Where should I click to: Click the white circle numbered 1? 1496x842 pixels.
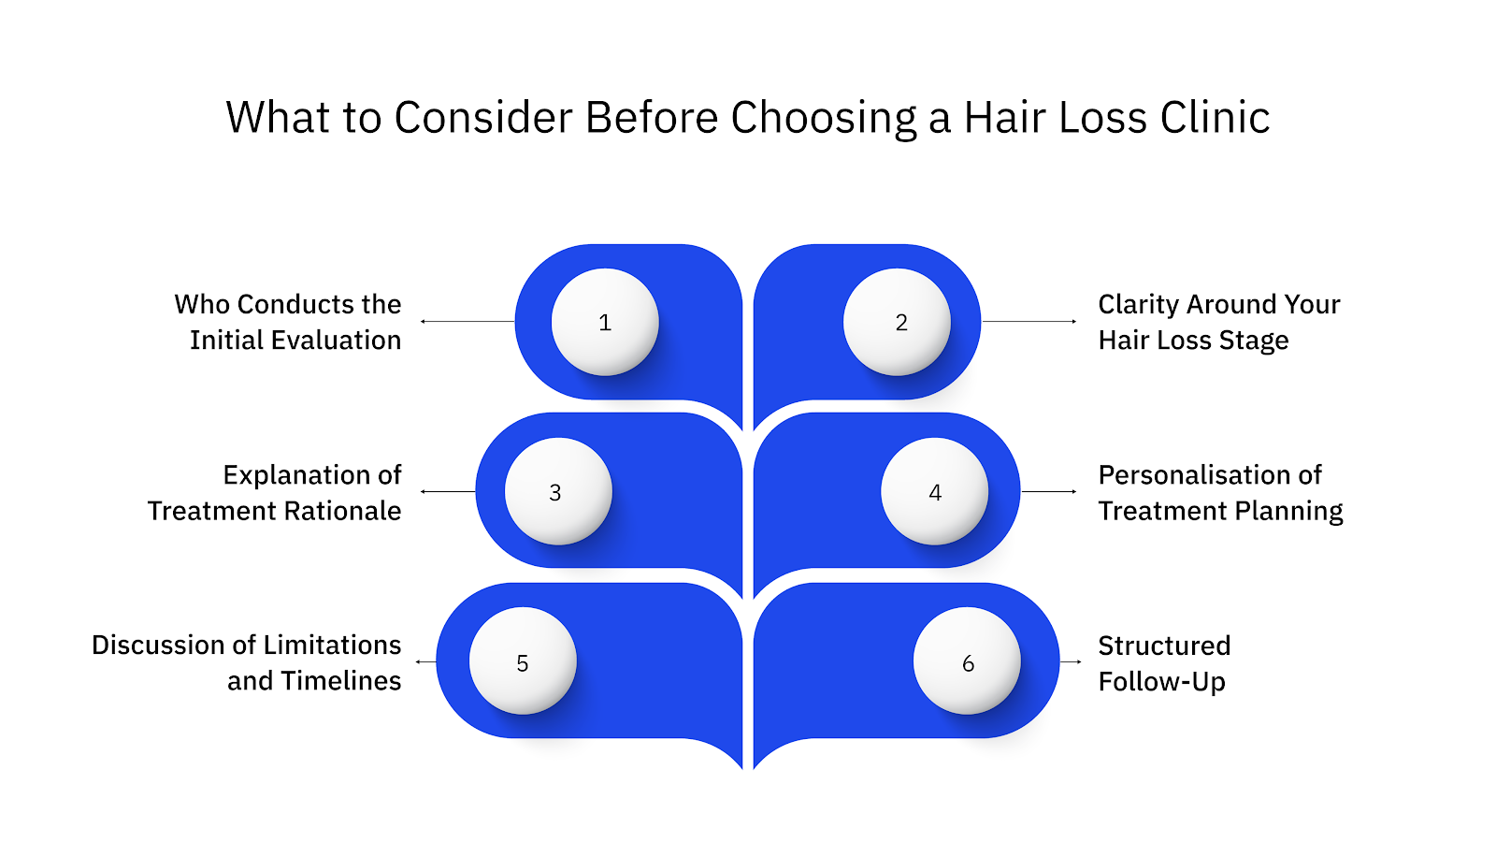(x=605, y=322)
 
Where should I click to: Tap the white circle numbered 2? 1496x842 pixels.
(x=897, y=322)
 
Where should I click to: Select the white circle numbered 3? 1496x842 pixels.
(x=558, y=491)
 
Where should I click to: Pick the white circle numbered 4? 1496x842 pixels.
(x=934, y=491)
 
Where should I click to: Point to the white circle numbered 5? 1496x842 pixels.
(x=523, y=661)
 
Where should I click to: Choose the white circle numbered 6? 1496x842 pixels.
(x=967, y=661)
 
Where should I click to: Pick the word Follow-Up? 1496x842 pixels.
(x=1161, y=682)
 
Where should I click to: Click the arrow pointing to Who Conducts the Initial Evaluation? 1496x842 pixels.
(x=467, y=321)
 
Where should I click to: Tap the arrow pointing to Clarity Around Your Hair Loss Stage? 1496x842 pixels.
(x=1029, y=321)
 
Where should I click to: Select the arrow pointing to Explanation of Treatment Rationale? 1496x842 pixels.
(x=448, y=491)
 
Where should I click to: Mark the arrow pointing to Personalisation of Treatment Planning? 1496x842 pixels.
(x=1049, y=491)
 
